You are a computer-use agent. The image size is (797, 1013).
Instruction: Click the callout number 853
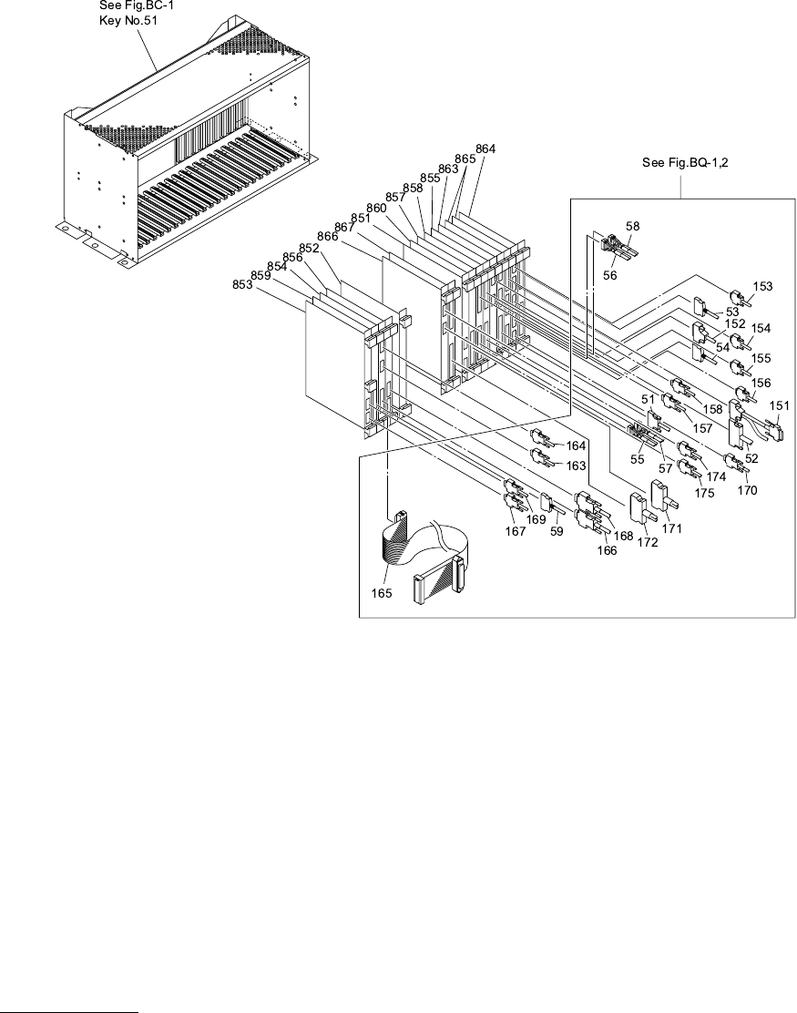(242, 284)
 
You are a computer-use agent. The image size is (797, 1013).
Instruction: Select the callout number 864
(485, 148)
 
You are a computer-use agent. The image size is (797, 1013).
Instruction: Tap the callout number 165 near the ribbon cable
(382, 593)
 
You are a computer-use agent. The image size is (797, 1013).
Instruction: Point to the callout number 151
(782, 405)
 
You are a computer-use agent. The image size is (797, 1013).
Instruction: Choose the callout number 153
(762, 286)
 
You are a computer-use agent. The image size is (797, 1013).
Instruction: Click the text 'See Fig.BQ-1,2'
(681, 164)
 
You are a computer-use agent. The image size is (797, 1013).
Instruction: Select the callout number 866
(329, 236)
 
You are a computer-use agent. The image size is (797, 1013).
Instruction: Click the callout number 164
(576, 445)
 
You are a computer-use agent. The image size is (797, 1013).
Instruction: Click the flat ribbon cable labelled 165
(419, 556)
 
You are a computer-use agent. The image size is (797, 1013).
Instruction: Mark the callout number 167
(516, 531)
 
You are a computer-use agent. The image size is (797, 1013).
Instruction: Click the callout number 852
(309, 249)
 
